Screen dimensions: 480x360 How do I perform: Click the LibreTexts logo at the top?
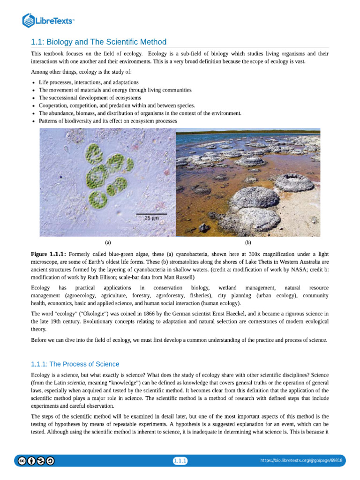point(48,20)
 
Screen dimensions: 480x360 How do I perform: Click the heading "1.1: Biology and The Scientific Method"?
point(98,42)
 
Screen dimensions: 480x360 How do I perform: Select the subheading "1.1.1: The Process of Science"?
point(75,364)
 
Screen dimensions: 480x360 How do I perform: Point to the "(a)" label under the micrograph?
point(108,242)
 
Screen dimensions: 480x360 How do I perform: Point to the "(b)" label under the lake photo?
point(248,242)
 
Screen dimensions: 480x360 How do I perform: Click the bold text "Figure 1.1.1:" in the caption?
point(49,254)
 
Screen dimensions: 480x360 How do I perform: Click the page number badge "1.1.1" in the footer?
point(180,461)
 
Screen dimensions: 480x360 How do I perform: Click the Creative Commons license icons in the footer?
point(36,461)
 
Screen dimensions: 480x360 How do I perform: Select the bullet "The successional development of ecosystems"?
point(90,97)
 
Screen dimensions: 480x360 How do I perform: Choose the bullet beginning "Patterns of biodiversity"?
point(108,120)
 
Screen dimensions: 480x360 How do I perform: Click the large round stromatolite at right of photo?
point(294,182)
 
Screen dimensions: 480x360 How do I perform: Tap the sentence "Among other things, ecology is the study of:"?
point(81,72)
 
